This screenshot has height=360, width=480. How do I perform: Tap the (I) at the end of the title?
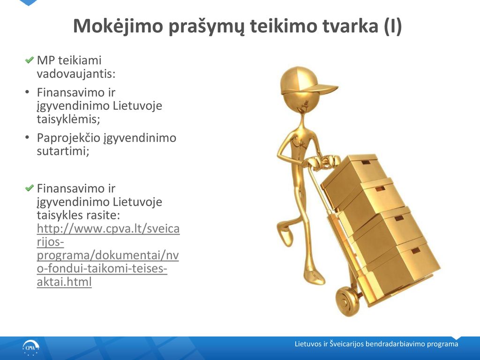[392, 26]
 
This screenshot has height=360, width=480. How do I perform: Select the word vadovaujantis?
[76, 74]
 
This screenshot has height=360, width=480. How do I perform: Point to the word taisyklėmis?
[68, 119]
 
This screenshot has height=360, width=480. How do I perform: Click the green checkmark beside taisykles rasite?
[30, 187]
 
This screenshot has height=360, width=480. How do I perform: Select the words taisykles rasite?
[78, 215]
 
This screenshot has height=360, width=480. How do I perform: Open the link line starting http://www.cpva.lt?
[108, 229]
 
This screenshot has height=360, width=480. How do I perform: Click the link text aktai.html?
[64, 282]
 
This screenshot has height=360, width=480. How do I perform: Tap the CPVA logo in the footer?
[31, 348]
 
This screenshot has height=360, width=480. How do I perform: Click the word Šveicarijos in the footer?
[347, 344]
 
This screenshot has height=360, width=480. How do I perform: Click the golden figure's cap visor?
[322, 90]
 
